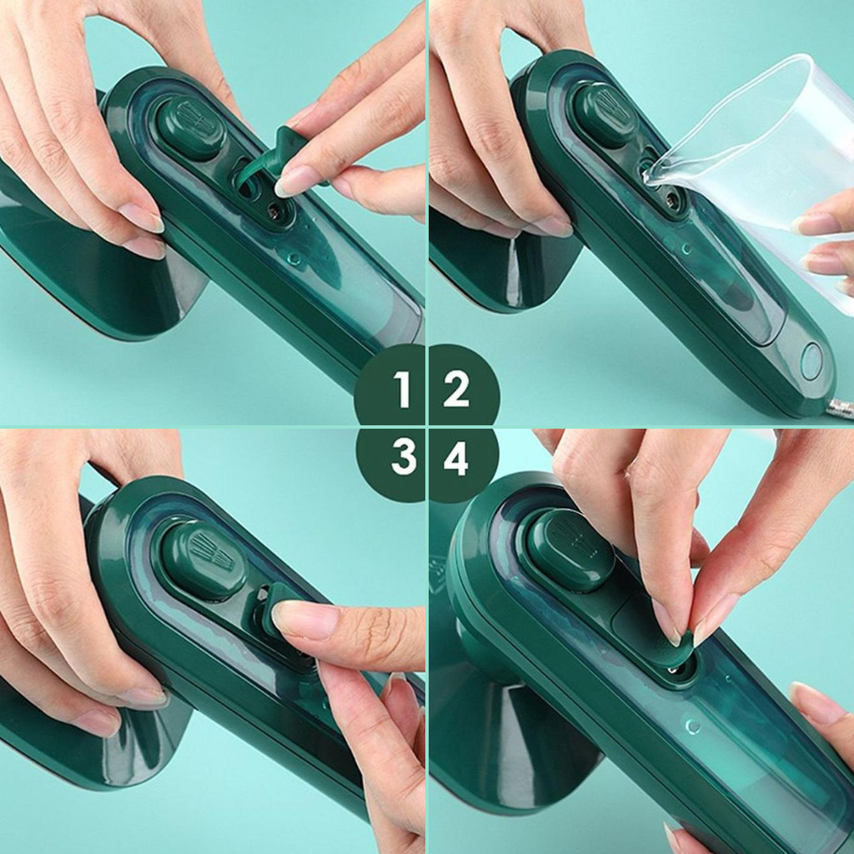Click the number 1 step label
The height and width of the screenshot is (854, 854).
(402, 389)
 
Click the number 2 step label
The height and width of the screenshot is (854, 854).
(456, 389)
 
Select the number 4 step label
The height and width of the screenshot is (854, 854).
(456, 458)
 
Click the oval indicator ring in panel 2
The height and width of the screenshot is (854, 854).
(811, 361)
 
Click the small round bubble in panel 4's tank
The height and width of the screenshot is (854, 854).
(692, 726)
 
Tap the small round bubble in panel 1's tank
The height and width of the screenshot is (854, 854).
(294, 258)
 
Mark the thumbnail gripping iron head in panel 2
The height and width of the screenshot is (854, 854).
(554, 225)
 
